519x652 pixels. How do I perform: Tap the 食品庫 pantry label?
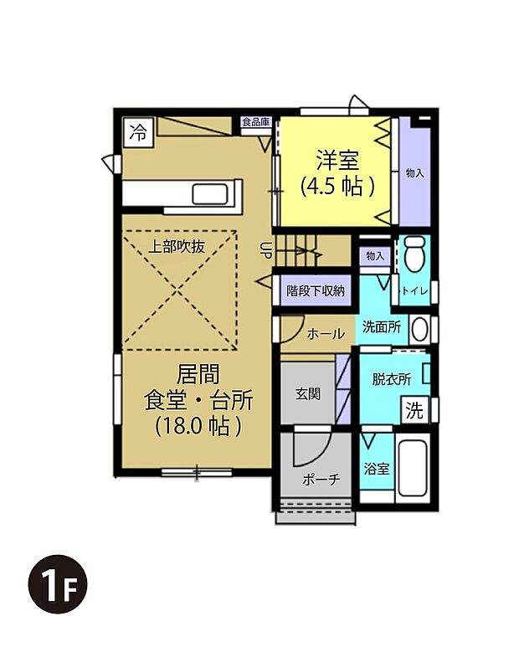tap(255, 122)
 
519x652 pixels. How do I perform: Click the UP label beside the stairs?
tap(265, 249)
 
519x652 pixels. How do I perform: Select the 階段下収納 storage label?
tap(316, 291)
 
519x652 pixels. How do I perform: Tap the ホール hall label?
tap(325, 333)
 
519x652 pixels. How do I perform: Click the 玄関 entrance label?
tap(307, 393)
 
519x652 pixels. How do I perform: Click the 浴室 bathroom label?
tap(376, 469)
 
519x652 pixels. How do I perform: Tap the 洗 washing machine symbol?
tap(414, 411)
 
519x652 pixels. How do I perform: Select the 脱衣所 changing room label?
tap(391, 379)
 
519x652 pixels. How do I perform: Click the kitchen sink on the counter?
tap(209, 194)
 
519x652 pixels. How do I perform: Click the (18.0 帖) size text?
tap(198, 425)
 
